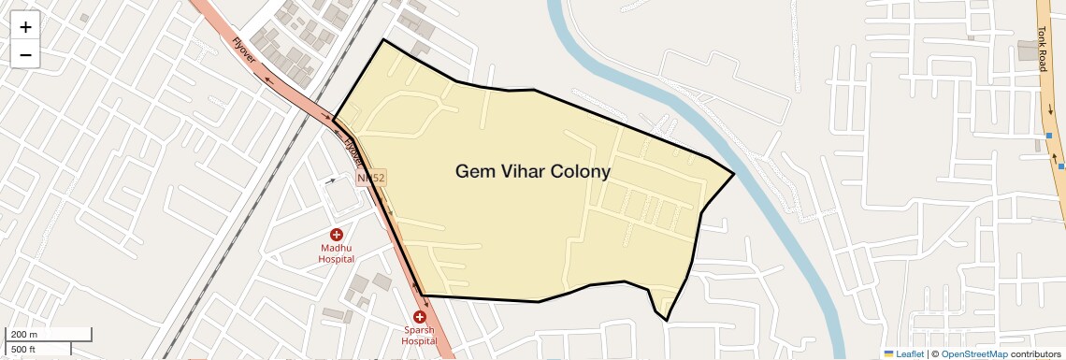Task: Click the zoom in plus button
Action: pos(25,27)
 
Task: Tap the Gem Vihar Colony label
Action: pos(532,172)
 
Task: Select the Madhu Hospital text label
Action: pos(336,254)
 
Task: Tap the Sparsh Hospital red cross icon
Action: pos(419,318)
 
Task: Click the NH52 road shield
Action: pos(371,177)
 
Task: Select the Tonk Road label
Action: pos(1042,49)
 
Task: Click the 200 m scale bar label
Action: pos(24,335)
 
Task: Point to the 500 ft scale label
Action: pos(23,349)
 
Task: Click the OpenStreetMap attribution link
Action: pos(973,354)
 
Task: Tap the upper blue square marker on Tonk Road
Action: pos(1049,137)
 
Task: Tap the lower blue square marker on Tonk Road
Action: pos(1061,166)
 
